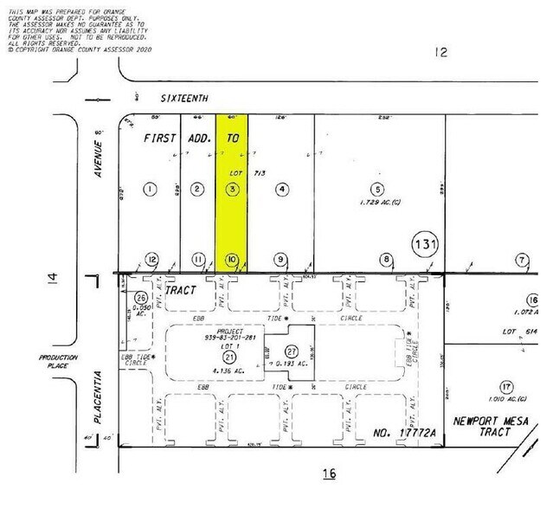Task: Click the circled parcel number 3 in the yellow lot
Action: (x=231, y=189)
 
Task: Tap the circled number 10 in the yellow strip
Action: (x=231, y=259)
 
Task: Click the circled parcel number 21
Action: (x=229, y=358)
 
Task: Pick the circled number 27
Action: (x=291, y=351)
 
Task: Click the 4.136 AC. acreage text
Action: (x=229, y=372)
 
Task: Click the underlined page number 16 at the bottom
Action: (x=328, y=474)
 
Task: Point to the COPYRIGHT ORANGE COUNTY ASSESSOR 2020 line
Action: (x=78, y=50)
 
